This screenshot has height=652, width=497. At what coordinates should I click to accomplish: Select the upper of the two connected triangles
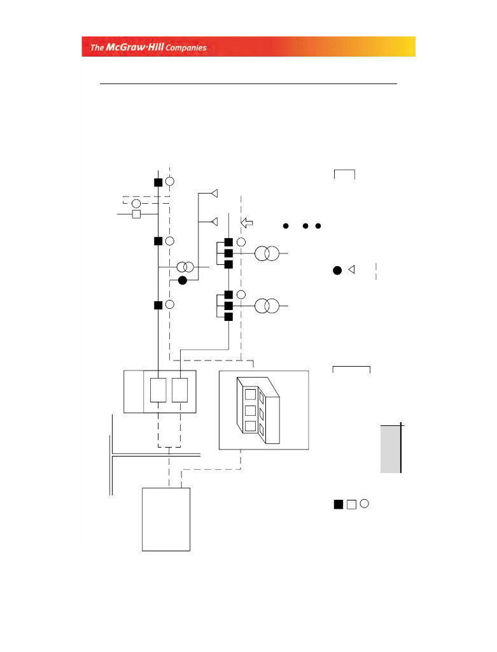(x=214, y=192)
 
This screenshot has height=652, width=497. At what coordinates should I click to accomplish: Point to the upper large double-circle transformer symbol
(x=267, y=253)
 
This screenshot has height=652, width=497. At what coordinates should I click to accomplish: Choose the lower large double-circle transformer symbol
(x=267, y=306)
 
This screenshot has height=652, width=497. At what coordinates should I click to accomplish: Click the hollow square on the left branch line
(x=136, y=215)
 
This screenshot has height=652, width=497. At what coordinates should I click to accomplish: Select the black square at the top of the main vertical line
(x=158, y=182)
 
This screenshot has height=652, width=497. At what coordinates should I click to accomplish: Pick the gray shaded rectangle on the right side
(x=391, y=450)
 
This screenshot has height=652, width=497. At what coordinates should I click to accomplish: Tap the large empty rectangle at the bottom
(x=166, y=519)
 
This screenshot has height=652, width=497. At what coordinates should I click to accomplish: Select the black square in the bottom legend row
(x=338, y=505)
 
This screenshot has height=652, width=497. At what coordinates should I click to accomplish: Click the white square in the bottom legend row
(x=351, y=505)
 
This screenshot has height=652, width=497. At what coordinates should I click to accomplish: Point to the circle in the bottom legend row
(x=364, y=503)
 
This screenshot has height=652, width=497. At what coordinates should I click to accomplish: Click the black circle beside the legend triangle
(x=337, y=271)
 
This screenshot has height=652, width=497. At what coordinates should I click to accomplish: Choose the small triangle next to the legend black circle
(x=351, y=269)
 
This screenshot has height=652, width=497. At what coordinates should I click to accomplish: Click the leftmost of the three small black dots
(x=286, y=226)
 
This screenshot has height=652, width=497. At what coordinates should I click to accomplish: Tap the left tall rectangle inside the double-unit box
(x=158, y=390)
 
